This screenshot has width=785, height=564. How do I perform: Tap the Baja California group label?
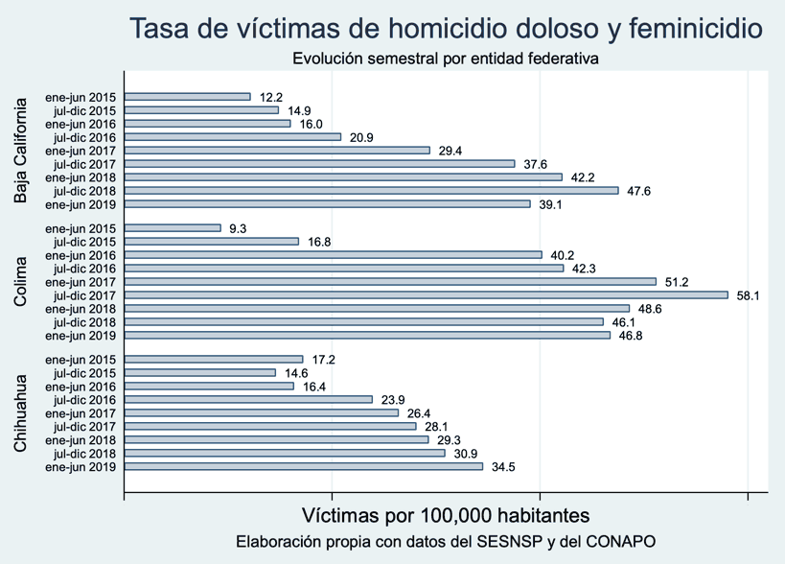[x=21, y=151]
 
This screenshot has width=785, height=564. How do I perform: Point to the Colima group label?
[x=21, y=282]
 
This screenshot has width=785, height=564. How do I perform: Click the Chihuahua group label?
[x=21, y=412]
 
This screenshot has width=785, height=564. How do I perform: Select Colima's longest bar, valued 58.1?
[x=427, y=295]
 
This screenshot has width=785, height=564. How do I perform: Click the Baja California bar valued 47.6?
[x=372, y=191]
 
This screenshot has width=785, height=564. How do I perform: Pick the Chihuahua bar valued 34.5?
[x=304, y=466]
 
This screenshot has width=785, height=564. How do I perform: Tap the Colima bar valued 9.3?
[x=173, y=228]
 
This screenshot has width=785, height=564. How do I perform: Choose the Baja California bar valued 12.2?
[x=187, y=97]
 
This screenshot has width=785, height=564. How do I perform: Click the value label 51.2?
[x=677, y=282]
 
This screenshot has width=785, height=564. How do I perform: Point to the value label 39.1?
[x=550, y=204]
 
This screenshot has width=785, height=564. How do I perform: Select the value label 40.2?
[x=562, y=255]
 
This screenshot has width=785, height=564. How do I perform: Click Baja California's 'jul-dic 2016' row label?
[x=84, y=137]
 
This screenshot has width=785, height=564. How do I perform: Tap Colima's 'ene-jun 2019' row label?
[x=81, y=336]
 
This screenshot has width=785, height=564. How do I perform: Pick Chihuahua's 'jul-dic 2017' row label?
[x=84, y=427]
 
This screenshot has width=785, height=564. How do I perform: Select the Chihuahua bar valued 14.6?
[x=200, y=373]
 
